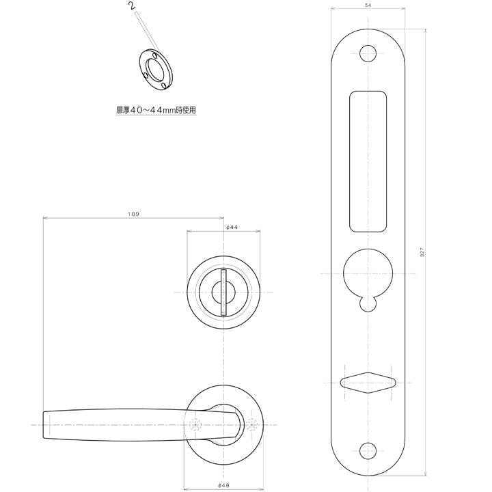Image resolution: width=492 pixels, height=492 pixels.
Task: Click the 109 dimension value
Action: coord(133,214)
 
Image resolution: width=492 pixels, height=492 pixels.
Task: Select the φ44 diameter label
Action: coord(232,227)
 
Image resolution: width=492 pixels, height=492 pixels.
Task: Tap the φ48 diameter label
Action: coord(223,485)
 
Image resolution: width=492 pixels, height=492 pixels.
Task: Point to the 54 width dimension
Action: coord(368,5)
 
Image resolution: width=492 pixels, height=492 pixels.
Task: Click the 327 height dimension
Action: coord(422,253)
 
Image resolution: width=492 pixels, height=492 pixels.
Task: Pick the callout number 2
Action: coord(133,5)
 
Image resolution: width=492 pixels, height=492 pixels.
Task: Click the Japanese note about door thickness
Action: coord(156,110)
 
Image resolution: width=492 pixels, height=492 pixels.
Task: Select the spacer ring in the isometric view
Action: coord(156,70)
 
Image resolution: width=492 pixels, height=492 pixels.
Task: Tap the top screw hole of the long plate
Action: coord(368,54)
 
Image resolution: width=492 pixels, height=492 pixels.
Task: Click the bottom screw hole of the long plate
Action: coord(368,451)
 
